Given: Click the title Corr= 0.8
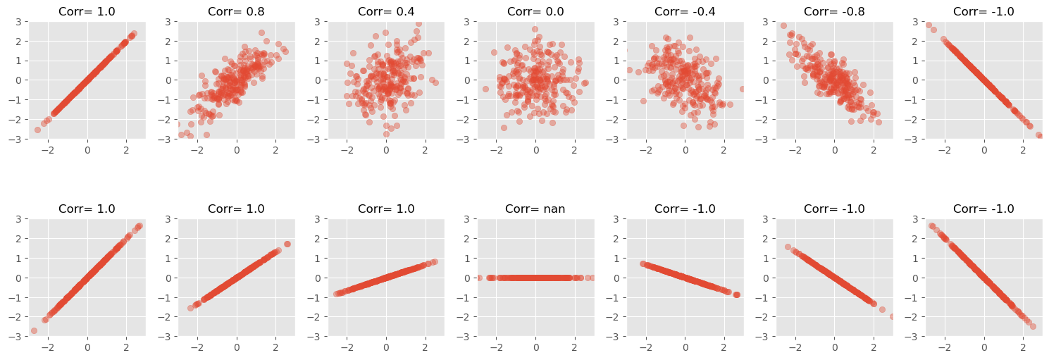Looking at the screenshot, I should (x=236, y=11).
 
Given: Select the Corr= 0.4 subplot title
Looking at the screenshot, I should (x=386, y=11).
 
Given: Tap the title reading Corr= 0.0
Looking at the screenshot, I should (x=535, y=11).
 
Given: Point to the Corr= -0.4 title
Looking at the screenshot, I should (x=685, y=11).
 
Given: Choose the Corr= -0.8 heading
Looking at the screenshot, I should (x=834, y=11).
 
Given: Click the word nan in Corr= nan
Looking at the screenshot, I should (x=554, y=209).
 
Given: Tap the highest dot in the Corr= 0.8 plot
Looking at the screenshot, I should (x=261, y=32).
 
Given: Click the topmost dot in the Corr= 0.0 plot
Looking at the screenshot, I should (x=535, y=29).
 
